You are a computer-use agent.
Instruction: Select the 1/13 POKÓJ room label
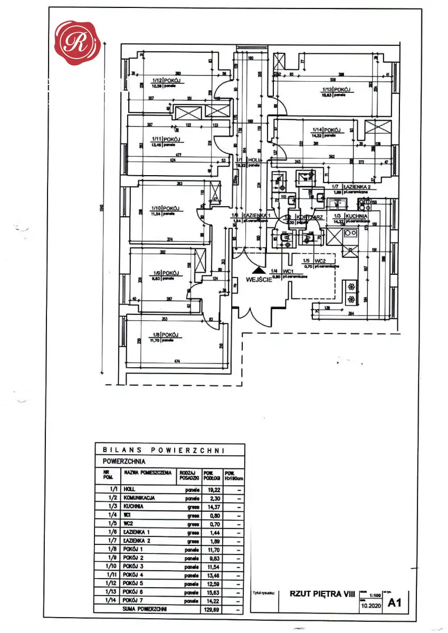[337, 90]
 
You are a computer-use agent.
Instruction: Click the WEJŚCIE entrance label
[258, 280]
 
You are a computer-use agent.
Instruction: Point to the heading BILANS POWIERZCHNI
[164, 450]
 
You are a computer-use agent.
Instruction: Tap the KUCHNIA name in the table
[134, 506]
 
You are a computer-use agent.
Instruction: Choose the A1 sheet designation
[394, 602]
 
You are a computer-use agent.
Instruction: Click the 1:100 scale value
[376, 593]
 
